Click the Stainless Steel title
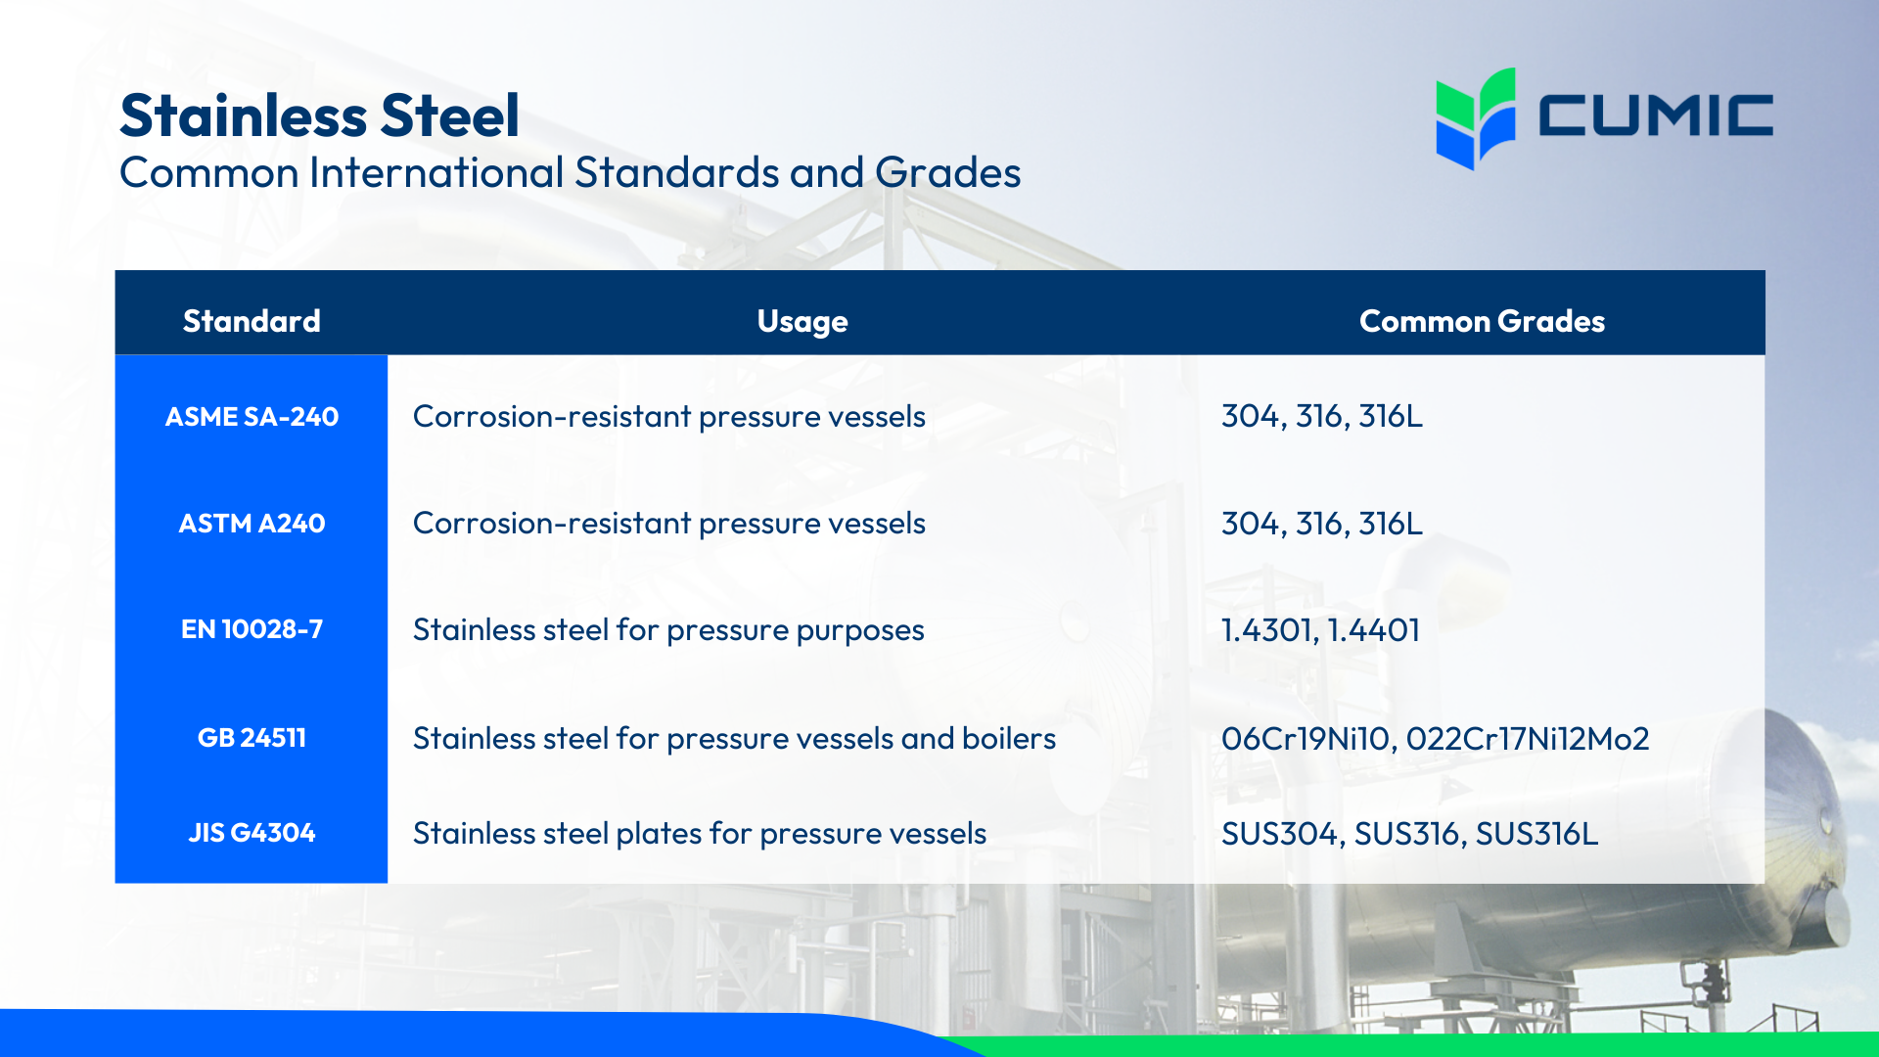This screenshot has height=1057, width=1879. pyautogui.click(x=319, y=115)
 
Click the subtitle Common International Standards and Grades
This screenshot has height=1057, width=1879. pyautogui.click(x=570, y=173)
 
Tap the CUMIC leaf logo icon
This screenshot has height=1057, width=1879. pyautogui.click(x=1475, y=117)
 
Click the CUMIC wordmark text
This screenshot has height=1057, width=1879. pyautogui.click(x=1655, y=115)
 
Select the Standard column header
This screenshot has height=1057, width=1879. pyautogui.click(x=252, y=321)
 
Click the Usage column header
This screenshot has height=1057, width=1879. pyautogui.click(x=802, y=321)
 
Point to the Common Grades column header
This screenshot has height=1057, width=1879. pyautogui.click(x=1482, y=321)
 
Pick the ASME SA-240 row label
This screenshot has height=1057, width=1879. pyautogui.click(x=252, y=417)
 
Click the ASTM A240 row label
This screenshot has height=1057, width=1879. pyautogui.click(x=252, y=524)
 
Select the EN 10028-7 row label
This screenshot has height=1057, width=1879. pyautogui.click(x=252, y=629)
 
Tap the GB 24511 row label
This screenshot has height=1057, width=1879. pyautogui.click(x=252, y=738)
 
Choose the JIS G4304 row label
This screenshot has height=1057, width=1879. pyautogui.click(x=252, y=833)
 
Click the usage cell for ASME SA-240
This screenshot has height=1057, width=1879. pyautogui.click(x=668, y=417)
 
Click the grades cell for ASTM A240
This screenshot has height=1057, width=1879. pyautogui.click(x=1321, y=524)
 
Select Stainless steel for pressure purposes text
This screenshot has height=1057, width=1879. pyautogui.click(x=668, y=630)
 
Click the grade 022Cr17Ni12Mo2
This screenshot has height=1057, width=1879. pyautogui.click(x=1527, y=738)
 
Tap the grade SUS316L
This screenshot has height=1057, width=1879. pyautogui.click(x=1536, y=834)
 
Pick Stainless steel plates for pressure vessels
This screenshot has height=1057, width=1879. pyautogui.click(x=699, y=834)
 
